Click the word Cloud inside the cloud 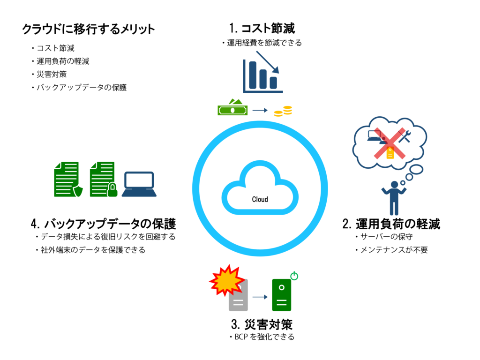coord(260,199)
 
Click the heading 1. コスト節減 coord(262,28)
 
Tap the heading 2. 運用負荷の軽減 coord(391,224)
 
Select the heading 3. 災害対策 coord(262,324)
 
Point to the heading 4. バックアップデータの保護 coord(104,224)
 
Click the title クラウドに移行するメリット coord(89,29)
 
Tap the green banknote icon coord(232,107)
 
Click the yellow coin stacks coord(283,111)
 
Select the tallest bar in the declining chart coord(253,75)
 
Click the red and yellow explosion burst coord(227,280)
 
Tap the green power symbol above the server coord(294,276)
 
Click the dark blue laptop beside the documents coord(139,184)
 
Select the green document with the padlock coord(104,180)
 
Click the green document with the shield coord(68,180)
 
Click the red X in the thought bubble coord(390,143)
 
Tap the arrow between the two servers coord(260,297)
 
